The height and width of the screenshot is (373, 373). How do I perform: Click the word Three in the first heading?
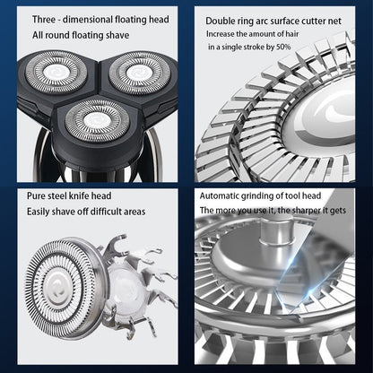pyautogui.click(x=44, y=20)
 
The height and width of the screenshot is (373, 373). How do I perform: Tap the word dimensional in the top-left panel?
pyautogui.click(x=88, y=20)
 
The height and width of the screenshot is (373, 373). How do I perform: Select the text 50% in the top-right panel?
pyautogui.click(x=283, y=47)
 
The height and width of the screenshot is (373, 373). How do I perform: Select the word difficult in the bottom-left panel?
pyautogui.click(x=104, y=212)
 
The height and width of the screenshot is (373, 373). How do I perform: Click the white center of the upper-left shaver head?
pyautogui.click(x=56, y=73)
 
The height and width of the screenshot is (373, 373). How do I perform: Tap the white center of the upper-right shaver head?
pyautogui.click(x=137, y=73)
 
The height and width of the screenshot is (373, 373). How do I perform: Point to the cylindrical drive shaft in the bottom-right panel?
pyautogui.click(x=274, y=231)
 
